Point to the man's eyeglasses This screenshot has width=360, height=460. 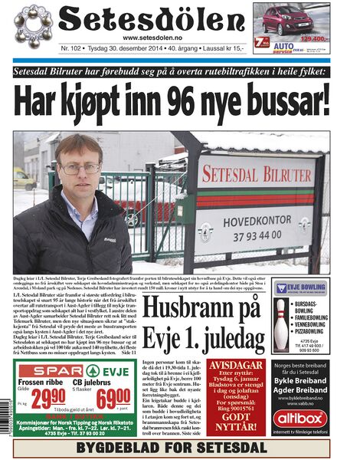point(80,168)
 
